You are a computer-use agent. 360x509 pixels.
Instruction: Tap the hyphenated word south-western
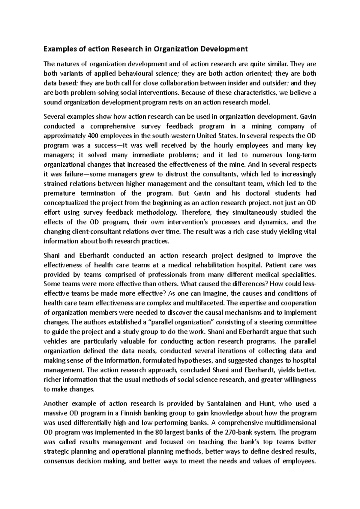coord(173,136)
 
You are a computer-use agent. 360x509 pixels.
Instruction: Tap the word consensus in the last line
coord(59,461)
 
